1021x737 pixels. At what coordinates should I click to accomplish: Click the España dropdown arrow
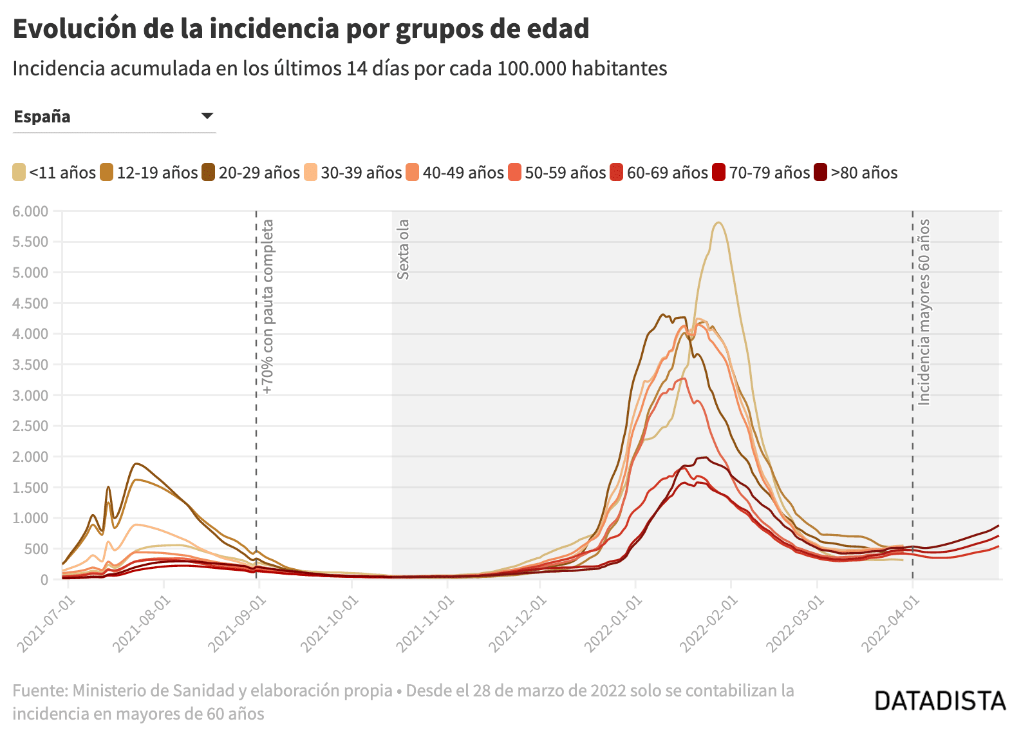(x=207, y=116)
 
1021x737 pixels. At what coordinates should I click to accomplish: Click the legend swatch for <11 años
(x=19, y=173)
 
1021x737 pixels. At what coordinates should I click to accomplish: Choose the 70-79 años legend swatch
(x=718, y=173)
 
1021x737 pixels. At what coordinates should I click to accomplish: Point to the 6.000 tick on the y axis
(x=30, y=211)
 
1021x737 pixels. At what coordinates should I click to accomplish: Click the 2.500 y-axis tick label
(x=30, y=426)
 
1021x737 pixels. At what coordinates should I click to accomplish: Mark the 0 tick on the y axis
(x=44, y=580)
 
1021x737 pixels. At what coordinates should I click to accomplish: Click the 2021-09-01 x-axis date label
(x=238, y=623)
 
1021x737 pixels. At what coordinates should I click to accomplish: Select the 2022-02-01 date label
(x=709, y=623)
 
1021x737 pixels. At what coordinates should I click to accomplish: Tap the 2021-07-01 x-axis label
(x=46, y=623)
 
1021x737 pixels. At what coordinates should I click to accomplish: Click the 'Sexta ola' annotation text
(x=403, y=249)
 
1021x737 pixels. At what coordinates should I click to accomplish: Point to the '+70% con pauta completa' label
(x=268, y=307)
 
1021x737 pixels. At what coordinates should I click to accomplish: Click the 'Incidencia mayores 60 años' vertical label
(x=924, y=312)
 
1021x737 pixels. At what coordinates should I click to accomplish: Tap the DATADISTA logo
(x=939, y=701)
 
